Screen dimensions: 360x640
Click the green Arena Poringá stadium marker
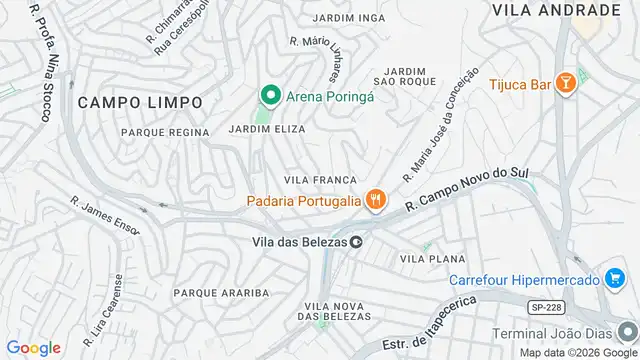[269, 96]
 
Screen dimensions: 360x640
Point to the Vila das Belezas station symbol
[355, 240]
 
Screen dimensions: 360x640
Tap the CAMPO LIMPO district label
[140, 102]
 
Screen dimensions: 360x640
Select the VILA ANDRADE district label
[556, 10]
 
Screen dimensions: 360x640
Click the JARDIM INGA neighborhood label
[349, 18]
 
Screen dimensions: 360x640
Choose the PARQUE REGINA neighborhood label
[165, 132]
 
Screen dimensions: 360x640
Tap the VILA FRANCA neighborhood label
[321, 179]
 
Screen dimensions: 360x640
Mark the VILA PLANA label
[432, 258]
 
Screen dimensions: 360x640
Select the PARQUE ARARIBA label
[221, 292]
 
